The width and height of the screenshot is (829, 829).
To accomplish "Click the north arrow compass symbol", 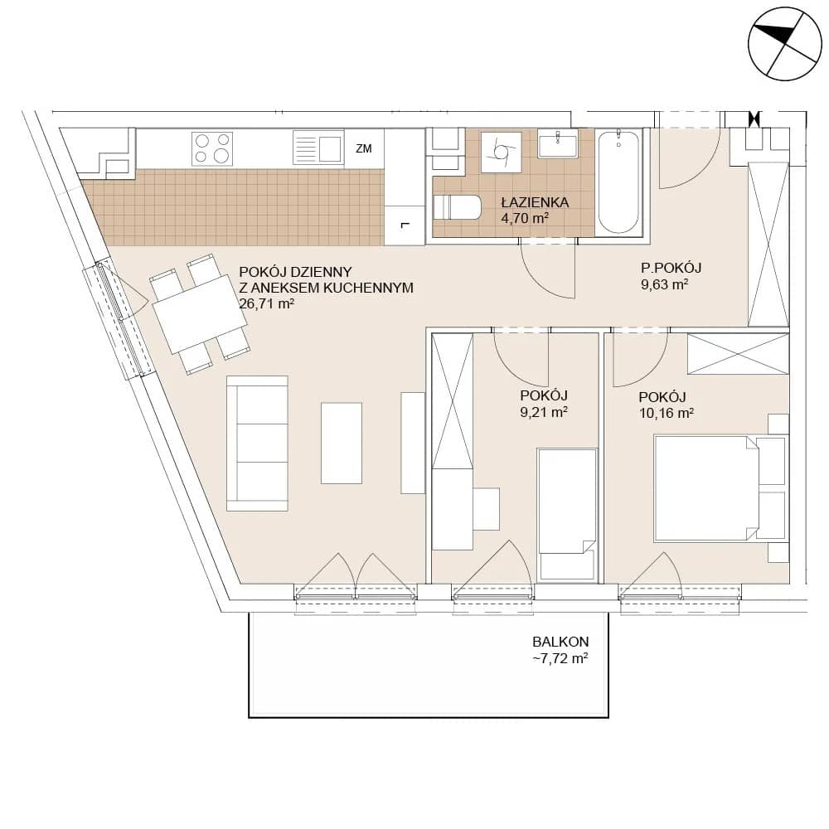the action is click(785, 44).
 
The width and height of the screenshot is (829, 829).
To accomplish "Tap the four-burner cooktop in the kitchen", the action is click(212, 148).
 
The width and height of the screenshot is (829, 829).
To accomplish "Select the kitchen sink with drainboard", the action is click(318, 148).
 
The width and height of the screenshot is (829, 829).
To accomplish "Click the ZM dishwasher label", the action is click(364, 148).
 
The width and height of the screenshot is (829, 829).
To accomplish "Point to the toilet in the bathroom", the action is click(457, 207).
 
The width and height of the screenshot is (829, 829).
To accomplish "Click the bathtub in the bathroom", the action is click(618, 182).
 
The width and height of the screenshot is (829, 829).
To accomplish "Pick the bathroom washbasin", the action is click(558, 143).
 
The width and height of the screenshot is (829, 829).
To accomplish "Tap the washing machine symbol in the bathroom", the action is click(502, 153).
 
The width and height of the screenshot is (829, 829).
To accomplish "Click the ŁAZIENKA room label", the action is click(535, 202).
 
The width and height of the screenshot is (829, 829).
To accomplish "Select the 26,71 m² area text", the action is click(266, 304).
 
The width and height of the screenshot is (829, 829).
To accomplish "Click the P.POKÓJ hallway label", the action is click(671, 268).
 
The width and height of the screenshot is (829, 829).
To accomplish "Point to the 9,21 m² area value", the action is click(544, 412).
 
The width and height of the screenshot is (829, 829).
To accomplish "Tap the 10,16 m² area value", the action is click(667, 413).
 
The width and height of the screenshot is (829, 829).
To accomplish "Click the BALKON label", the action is click(560, 642).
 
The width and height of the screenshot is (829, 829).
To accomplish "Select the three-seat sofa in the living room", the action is click(258, 444).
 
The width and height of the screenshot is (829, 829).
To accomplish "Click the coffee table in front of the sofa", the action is click(342, 443).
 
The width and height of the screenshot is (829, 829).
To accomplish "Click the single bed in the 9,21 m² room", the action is click(567, 516).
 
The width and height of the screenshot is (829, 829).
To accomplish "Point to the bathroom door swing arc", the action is click(541, 277).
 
